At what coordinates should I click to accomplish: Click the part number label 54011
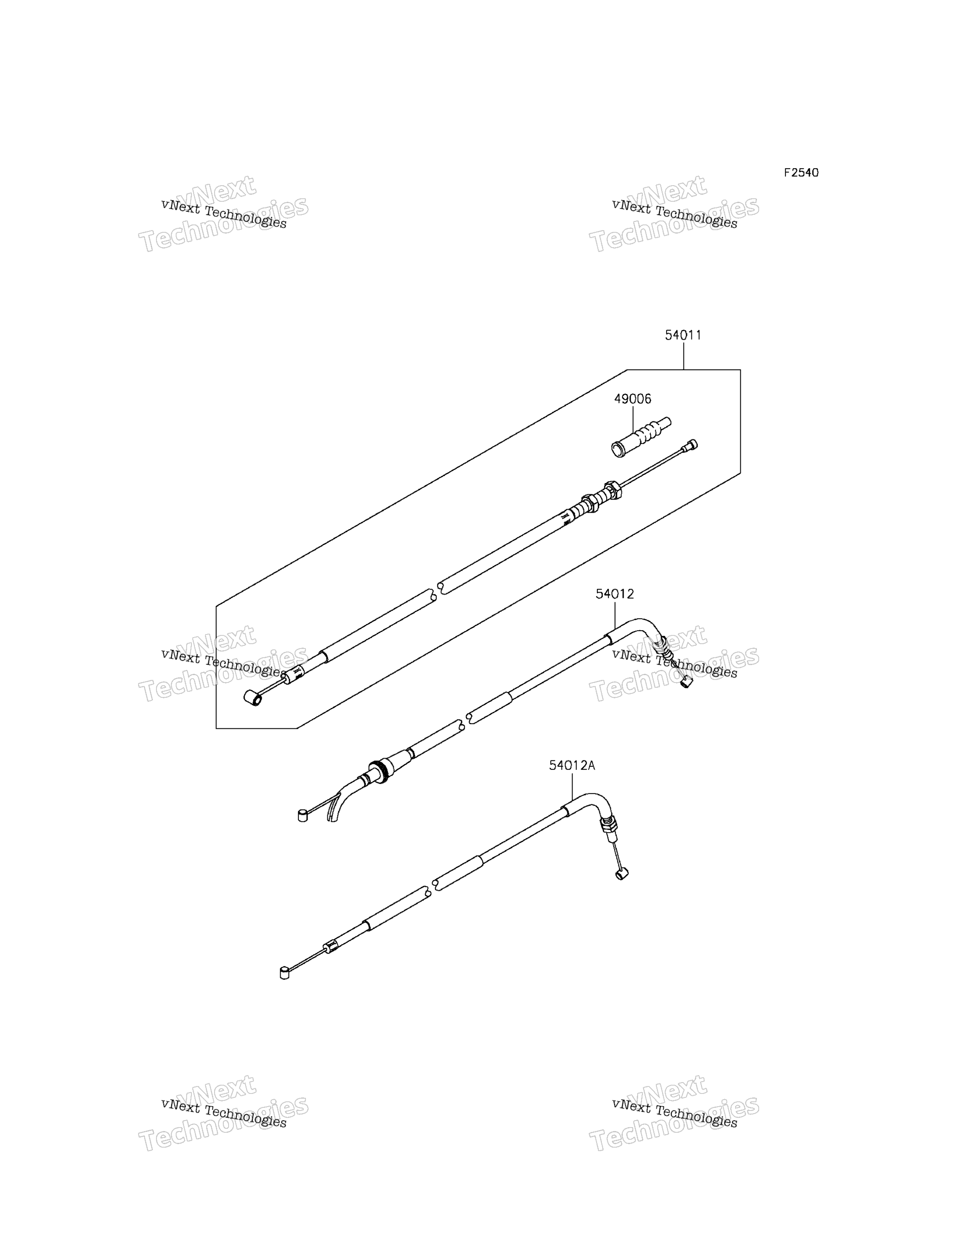pyautogui.click(x=683, y=335)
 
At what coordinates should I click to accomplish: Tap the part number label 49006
pyautogui.click(x=632, y=399)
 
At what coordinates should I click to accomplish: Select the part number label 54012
pyautogui.click(x=615, y=594)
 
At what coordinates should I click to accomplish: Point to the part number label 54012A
pyautogui.click(x=572, y=766)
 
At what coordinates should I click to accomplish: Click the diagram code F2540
pyautogui.click(x=801, y=172)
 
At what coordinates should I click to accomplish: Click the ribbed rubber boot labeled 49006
pyautogui.click(x=641, y=438)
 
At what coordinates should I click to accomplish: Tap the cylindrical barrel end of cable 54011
pyautogui.click(x=253, y=697)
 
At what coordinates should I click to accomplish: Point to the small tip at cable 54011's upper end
pyautogui.click(x=692, y=444)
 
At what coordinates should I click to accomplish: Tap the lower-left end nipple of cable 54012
pyautogui.click(x=303, y=817)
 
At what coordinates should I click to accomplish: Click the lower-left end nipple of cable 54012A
pyautogui.click(x=285, y=973)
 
